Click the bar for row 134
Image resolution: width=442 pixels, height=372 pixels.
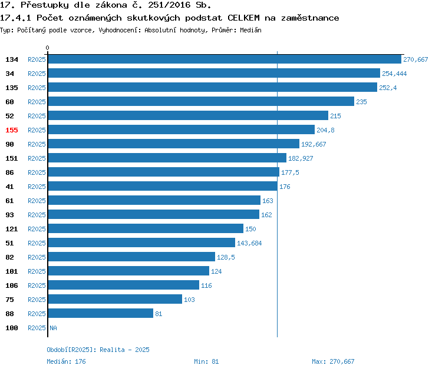pyautogui.click(x=224, y=59)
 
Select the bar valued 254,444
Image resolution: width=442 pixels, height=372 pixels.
pyautogui.click(x=213, y=74)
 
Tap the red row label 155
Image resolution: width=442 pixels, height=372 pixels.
pyautogui.click(x=12, y=130)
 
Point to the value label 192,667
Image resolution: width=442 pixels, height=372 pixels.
pyautogui.click(x=314, y=144)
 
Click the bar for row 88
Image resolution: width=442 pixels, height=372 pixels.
pyautogui.click(x=100, y=314)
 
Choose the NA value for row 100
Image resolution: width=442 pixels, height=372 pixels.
pyautogui.click(x=53, y=328)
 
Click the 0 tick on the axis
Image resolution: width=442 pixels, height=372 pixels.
pyautogui.click(x=48, y=48)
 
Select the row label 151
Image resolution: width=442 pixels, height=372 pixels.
pyautogui.click(x=12, y=158)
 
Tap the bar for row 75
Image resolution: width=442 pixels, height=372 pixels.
pyautogui.click(x=115, y=300)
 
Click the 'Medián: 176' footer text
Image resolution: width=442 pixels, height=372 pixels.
pyautogui.click(x=66, y=361)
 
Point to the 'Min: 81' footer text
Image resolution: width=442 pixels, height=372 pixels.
pyautogui.click(x=206, y=361)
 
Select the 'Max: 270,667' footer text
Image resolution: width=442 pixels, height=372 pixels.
pyautogui.click(x=333, y=361)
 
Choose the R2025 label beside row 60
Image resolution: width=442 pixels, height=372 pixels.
pyautogui.click(x=37, y=102)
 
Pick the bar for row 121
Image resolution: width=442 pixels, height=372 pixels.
pyautogui.click(x=146, y=229)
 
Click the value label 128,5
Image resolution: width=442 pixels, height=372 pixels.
pyautogui.click(x=226, y=257)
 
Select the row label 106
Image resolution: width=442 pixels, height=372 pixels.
pyautogui.click(x=12, y=285)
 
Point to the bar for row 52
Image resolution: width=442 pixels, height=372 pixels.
pyautogui.click(x=187, y=116)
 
